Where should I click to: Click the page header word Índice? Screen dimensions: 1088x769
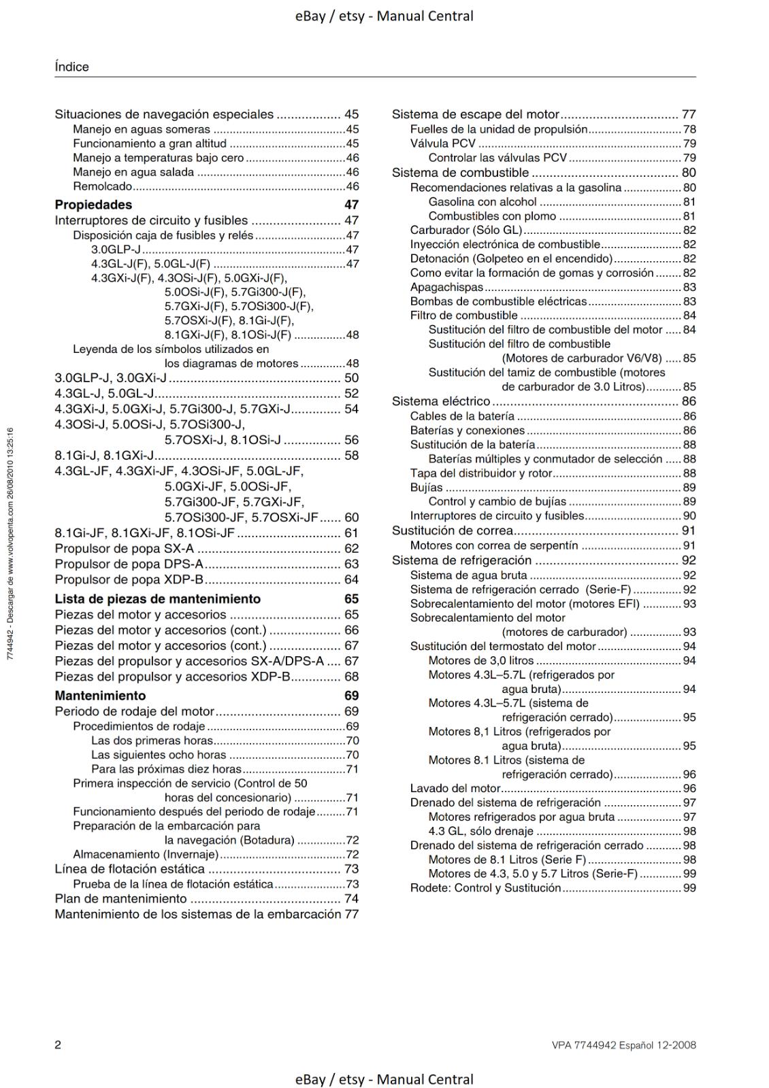pos(71,67)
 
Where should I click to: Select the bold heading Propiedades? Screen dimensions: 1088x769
pos(93,205)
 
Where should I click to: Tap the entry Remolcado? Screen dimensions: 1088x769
pos(102,186)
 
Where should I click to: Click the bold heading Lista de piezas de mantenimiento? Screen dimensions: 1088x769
pos(157,599)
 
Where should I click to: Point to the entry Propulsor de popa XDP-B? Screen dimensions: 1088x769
pos(129,579)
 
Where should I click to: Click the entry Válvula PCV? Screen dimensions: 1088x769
pos(442,143)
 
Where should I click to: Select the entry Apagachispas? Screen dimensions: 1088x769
pos(446,287)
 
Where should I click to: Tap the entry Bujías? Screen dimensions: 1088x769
pos(426,488)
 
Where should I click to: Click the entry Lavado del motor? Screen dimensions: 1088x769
pos(455,788)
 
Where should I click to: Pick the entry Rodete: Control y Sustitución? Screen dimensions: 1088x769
pos(485,888)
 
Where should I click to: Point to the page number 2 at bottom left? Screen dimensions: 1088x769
pos(58,1045)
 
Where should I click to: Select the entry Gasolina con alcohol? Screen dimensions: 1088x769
pos(482,202)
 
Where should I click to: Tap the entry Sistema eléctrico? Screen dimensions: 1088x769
pos(440,401)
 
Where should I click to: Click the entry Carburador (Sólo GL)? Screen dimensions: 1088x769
pos(466,230)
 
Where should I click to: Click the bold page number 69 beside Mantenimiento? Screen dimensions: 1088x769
pos(351,696)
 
